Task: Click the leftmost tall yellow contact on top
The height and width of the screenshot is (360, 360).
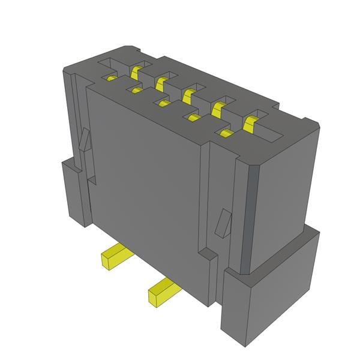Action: pos(135,72)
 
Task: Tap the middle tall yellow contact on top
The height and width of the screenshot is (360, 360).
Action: pos(188,95)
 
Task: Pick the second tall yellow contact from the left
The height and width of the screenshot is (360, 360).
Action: pos(161,83)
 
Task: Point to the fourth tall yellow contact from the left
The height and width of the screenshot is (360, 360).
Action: pos(218,108)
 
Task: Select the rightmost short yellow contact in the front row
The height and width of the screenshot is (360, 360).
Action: pos(226,133)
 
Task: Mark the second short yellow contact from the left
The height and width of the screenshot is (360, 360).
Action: pos(137,91)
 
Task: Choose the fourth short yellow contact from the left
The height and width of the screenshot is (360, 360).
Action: pos(193,118)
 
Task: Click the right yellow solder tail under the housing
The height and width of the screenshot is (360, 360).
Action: pos(161,293)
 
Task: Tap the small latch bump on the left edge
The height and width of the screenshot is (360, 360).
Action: pos(85,141)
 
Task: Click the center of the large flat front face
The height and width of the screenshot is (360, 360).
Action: pos(147,180)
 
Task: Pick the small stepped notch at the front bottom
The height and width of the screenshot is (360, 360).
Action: pos(206,255)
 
